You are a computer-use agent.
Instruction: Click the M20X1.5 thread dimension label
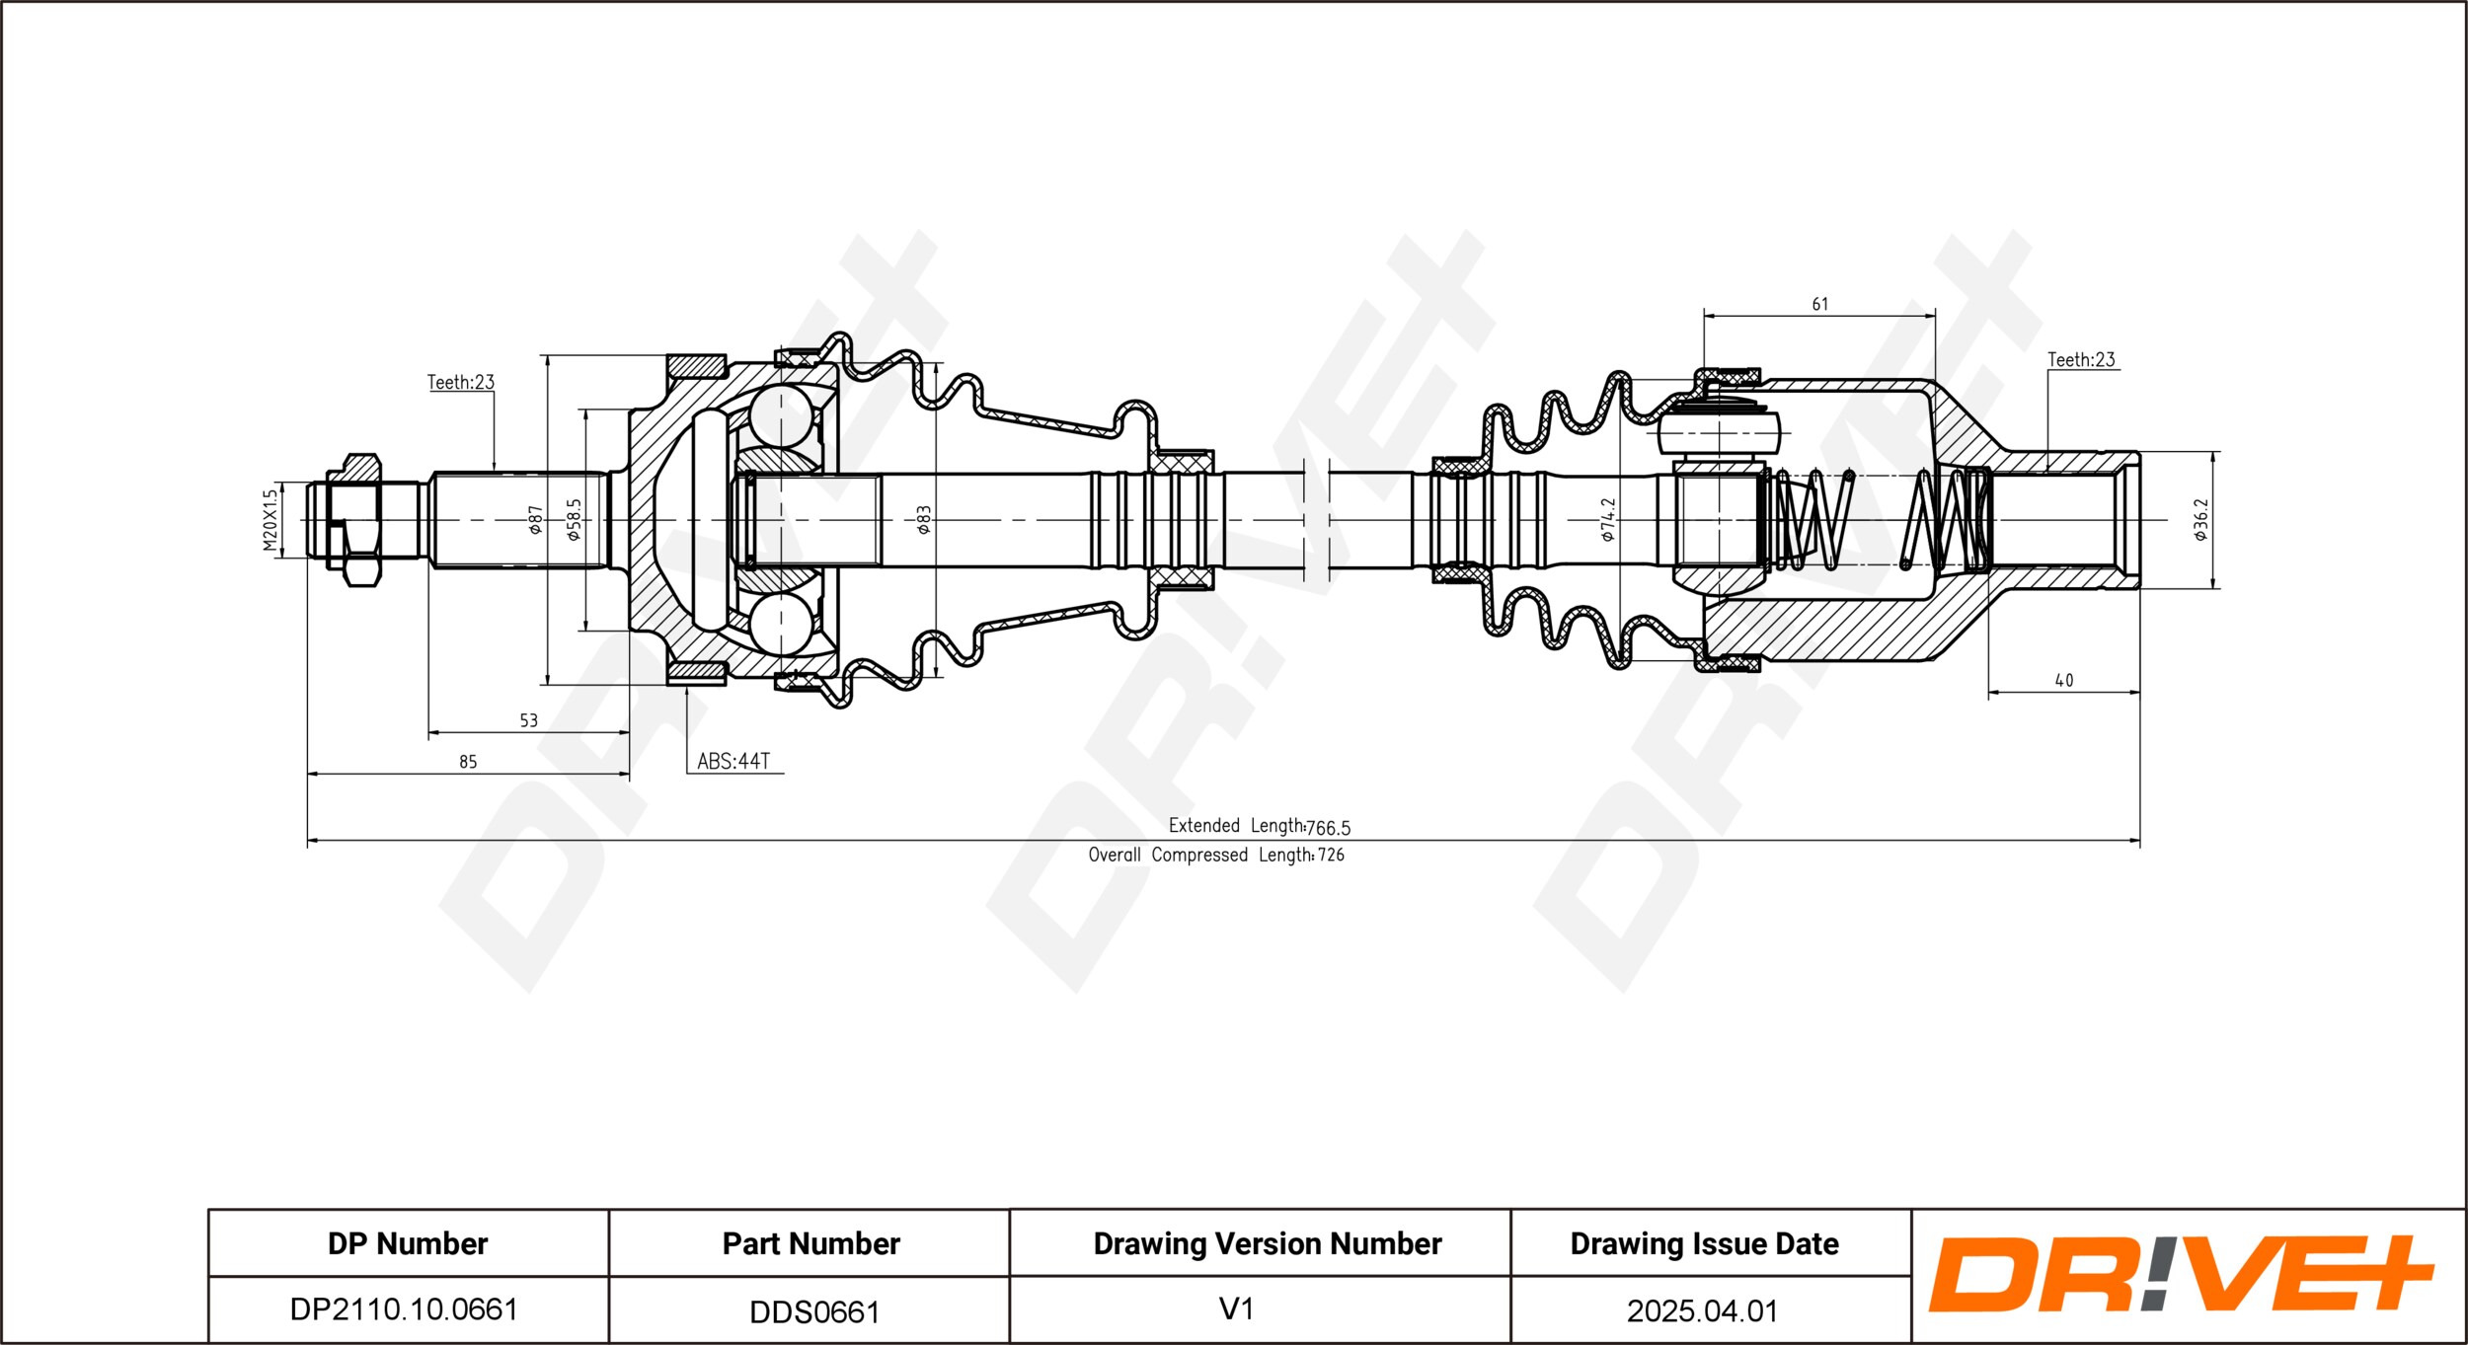pos(270,520)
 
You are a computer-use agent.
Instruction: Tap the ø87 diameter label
pos(535,520)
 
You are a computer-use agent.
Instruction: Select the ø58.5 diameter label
pos(574,520)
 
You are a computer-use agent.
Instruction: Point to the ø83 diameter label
pos(923,520)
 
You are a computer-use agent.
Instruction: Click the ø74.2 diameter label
pos(1608,520)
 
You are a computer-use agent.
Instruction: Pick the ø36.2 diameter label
pos(2200,520)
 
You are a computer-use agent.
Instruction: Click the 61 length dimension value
pos(1819,305)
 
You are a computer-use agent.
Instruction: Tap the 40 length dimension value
pos(2063,680)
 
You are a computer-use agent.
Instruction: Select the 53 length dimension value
pos(528,720)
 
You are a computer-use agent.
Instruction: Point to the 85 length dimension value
pos(468,762)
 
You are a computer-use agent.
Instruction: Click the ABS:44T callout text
pos(733,761)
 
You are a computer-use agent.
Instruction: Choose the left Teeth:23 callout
pos(460,382)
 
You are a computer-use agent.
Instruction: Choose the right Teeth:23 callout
pos(2081,360)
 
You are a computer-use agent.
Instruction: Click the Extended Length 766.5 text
pos(1259,826)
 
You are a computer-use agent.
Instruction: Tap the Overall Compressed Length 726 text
pos(1216,855)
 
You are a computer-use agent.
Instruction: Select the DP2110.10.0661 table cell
pos(404,1308)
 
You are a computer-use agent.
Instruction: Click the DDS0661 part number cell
pos(813,1311)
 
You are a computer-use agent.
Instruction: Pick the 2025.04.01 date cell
pos(1702,1310)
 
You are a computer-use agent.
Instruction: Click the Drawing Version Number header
pos(1267,1243)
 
